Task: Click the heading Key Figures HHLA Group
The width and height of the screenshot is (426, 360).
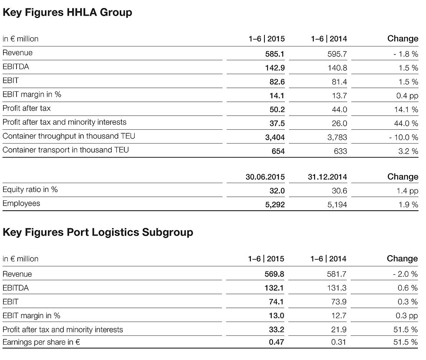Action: pyautogui.click(x=67, y=12)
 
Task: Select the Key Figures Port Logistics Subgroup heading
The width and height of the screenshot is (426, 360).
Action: pyautogui.click(x=98, y=232)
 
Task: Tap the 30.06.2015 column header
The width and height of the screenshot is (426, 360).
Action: pyautogui.click(x=265, y=177)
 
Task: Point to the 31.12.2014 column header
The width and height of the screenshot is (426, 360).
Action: pyautogui.click(x=327, y=177)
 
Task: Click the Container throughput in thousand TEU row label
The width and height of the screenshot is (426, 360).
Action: pyautogui.click(x=69, y=136)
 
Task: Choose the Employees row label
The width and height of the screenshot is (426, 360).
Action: pyautogui.click(x=21, y=203)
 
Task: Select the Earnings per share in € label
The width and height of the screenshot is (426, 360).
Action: pyautogui.click(x=41, y=342)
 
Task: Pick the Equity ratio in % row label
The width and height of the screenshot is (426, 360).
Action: pyautogui.click(x=30, y=190)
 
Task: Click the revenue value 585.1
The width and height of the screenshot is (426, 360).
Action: pyautogui.click(x=275, y=54)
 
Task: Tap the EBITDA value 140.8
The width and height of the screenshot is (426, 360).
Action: pyautogui.click(x=338, y=68)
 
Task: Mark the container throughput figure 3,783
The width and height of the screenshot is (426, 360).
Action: pyautogui.click(x=337, y=137)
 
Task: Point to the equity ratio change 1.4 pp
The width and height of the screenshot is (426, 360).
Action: pyautogui.click(x=408, y=191)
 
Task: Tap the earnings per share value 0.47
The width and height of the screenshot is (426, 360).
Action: pyautogui.click(x=276, y=342)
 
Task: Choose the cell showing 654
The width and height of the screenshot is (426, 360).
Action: pyautogui.click(x=278, y=151)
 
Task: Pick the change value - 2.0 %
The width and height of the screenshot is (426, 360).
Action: pyautogui.click(x=405, y=274)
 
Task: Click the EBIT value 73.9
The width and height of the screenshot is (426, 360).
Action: pyautogui.click(x=338, y=302)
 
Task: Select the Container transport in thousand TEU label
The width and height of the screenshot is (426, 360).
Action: pyautogui.click(x=66, y=150)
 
